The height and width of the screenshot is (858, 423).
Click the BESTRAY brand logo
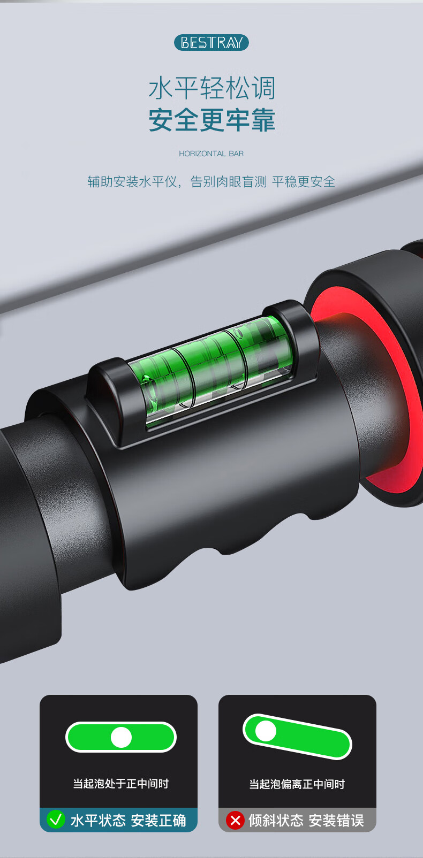(x=211, y=42)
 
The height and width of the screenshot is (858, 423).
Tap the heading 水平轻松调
(x=211, y=88)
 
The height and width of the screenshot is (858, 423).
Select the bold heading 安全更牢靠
(x=211, y=120)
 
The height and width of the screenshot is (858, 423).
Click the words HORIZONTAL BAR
(x=211, y=154)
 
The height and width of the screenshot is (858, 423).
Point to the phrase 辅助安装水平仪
(x=132, y=181)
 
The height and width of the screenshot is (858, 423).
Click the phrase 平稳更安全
(x=304, y=181)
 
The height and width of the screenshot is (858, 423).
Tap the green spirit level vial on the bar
(x=215, y=369)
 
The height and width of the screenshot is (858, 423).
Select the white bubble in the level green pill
(x=121, y=737)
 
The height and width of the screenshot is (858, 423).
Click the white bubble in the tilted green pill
(x=266, y=731)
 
